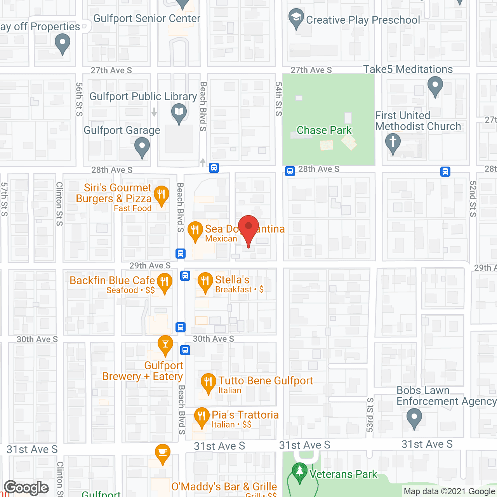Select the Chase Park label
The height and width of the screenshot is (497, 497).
tap(324, 130)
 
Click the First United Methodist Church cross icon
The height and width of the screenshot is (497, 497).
tap(393, 142)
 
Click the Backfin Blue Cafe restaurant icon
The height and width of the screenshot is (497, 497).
tap(165, 282)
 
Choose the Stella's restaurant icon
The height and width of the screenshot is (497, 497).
tap(205, 282)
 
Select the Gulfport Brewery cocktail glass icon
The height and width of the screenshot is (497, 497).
tap(165, 344)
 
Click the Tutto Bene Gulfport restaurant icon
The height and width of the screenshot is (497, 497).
tap(209, 382)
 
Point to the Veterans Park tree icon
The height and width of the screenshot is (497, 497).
tap(299, 472)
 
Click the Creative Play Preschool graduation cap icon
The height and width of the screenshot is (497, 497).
tap(297, 17)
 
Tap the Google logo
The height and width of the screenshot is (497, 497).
tap(26, 488)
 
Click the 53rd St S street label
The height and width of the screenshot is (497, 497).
tap(370, 415)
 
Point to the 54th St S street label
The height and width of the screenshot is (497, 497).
tap(279, 99)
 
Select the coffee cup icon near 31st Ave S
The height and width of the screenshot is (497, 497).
tap(162, 453)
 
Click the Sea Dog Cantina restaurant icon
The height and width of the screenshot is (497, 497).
tap(195, 231)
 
